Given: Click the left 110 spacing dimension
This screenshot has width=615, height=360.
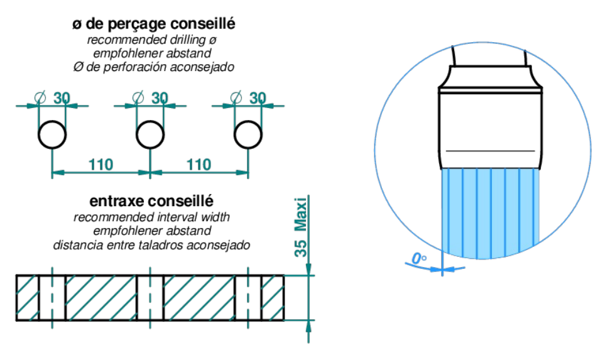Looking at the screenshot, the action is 101,165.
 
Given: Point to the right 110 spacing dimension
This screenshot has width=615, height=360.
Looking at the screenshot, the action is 199,165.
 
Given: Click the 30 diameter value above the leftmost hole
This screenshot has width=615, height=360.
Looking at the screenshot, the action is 62,98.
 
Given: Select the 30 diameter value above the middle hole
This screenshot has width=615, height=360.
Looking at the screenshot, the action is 160,98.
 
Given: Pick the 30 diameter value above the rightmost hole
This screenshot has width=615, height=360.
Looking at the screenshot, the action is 258,98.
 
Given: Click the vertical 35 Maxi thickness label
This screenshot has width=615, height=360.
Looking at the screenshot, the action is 300,227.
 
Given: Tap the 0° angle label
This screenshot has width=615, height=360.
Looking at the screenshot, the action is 419,259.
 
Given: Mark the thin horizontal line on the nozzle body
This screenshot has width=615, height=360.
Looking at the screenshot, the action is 490,151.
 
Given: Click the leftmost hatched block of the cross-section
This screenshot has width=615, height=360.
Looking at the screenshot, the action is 28,298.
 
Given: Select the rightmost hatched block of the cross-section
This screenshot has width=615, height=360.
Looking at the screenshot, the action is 273,298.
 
